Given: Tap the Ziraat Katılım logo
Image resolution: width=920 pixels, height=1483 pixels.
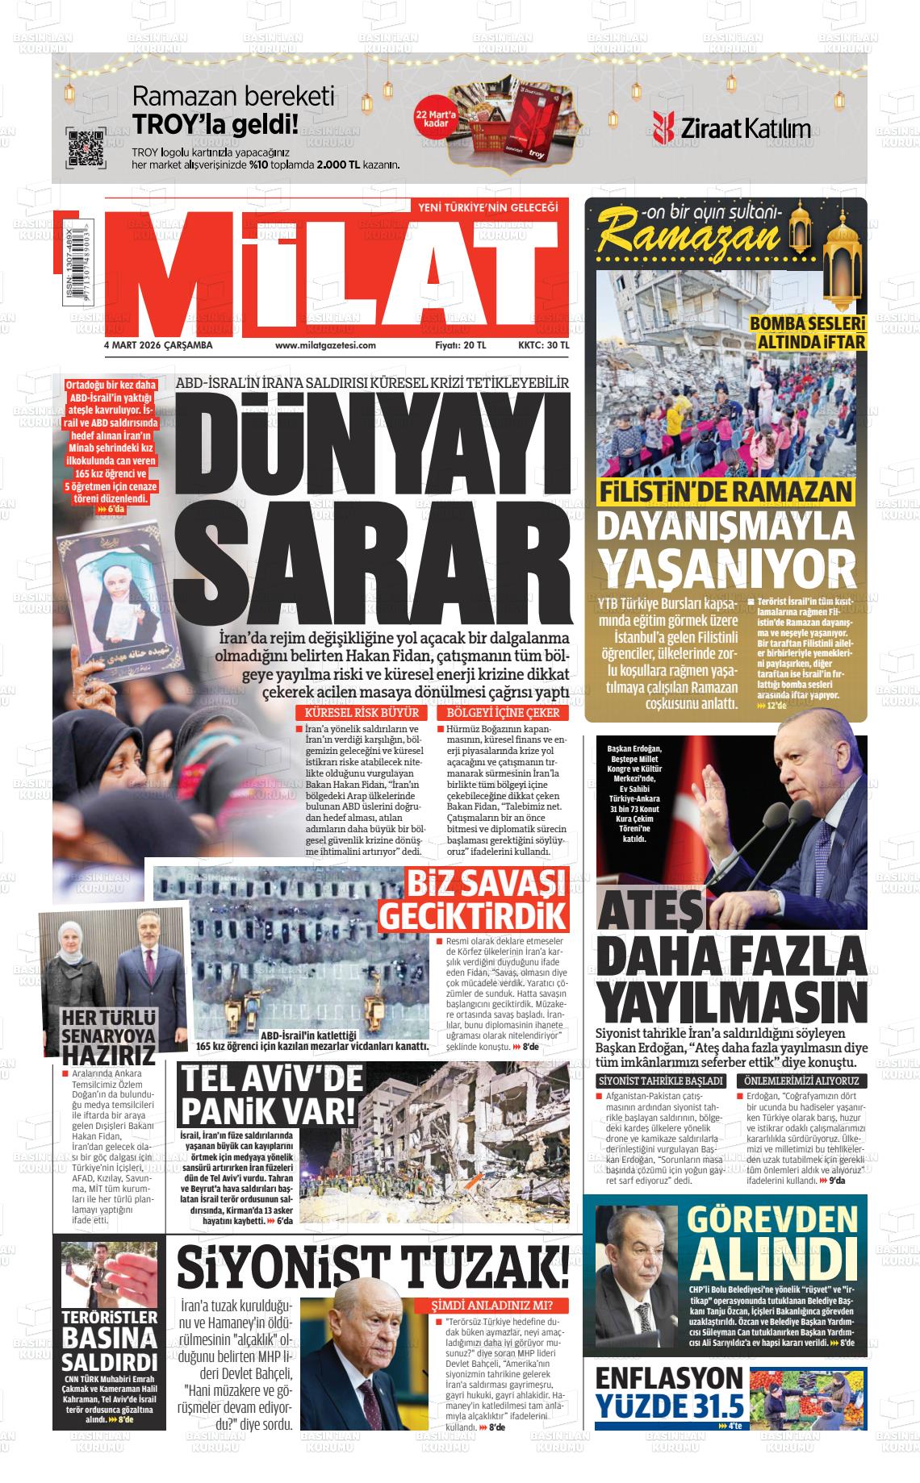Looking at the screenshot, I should [x=732, y=127].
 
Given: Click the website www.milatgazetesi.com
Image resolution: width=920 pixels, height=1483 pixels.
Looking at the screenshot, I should [x=325, y=345].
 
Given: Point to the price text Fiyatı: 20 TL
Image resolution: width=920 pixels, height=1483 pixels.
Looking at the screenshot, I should [x=460, y=345].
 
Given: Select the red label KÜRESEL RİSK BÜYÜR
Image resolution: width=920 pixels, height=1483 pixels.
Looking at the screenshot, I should [x=362, y=714].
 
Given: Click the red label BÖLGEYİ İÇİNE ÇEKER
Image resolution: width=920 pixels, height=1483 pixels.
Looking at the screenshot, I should [x=501, y=714].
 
